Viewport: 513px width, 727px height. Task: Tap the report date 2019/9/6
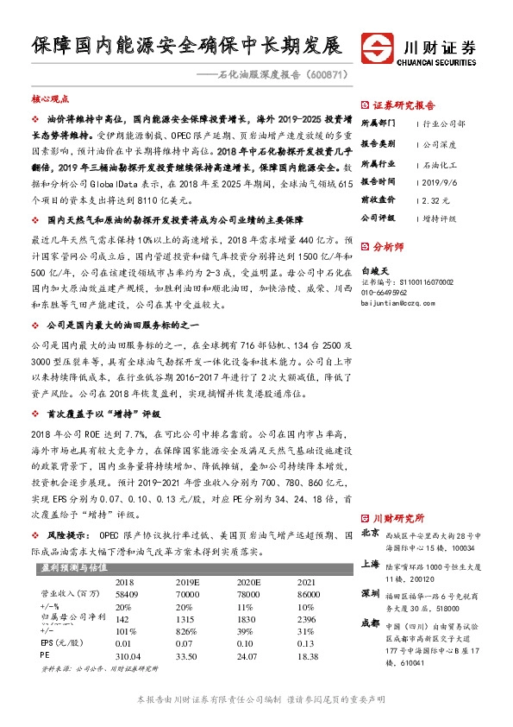(442, 182)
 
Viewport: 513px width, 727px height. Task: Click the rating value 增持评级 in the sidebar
(441, 218)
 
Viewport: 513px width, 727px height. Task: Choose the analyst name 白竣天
(377, 270)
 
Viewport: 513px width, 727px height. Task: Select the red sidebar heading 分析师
(387, 245)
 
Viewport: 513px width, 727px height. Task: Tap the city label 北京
(370, 533)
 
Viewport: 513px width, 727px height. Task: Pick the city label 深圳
(370, 594)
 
